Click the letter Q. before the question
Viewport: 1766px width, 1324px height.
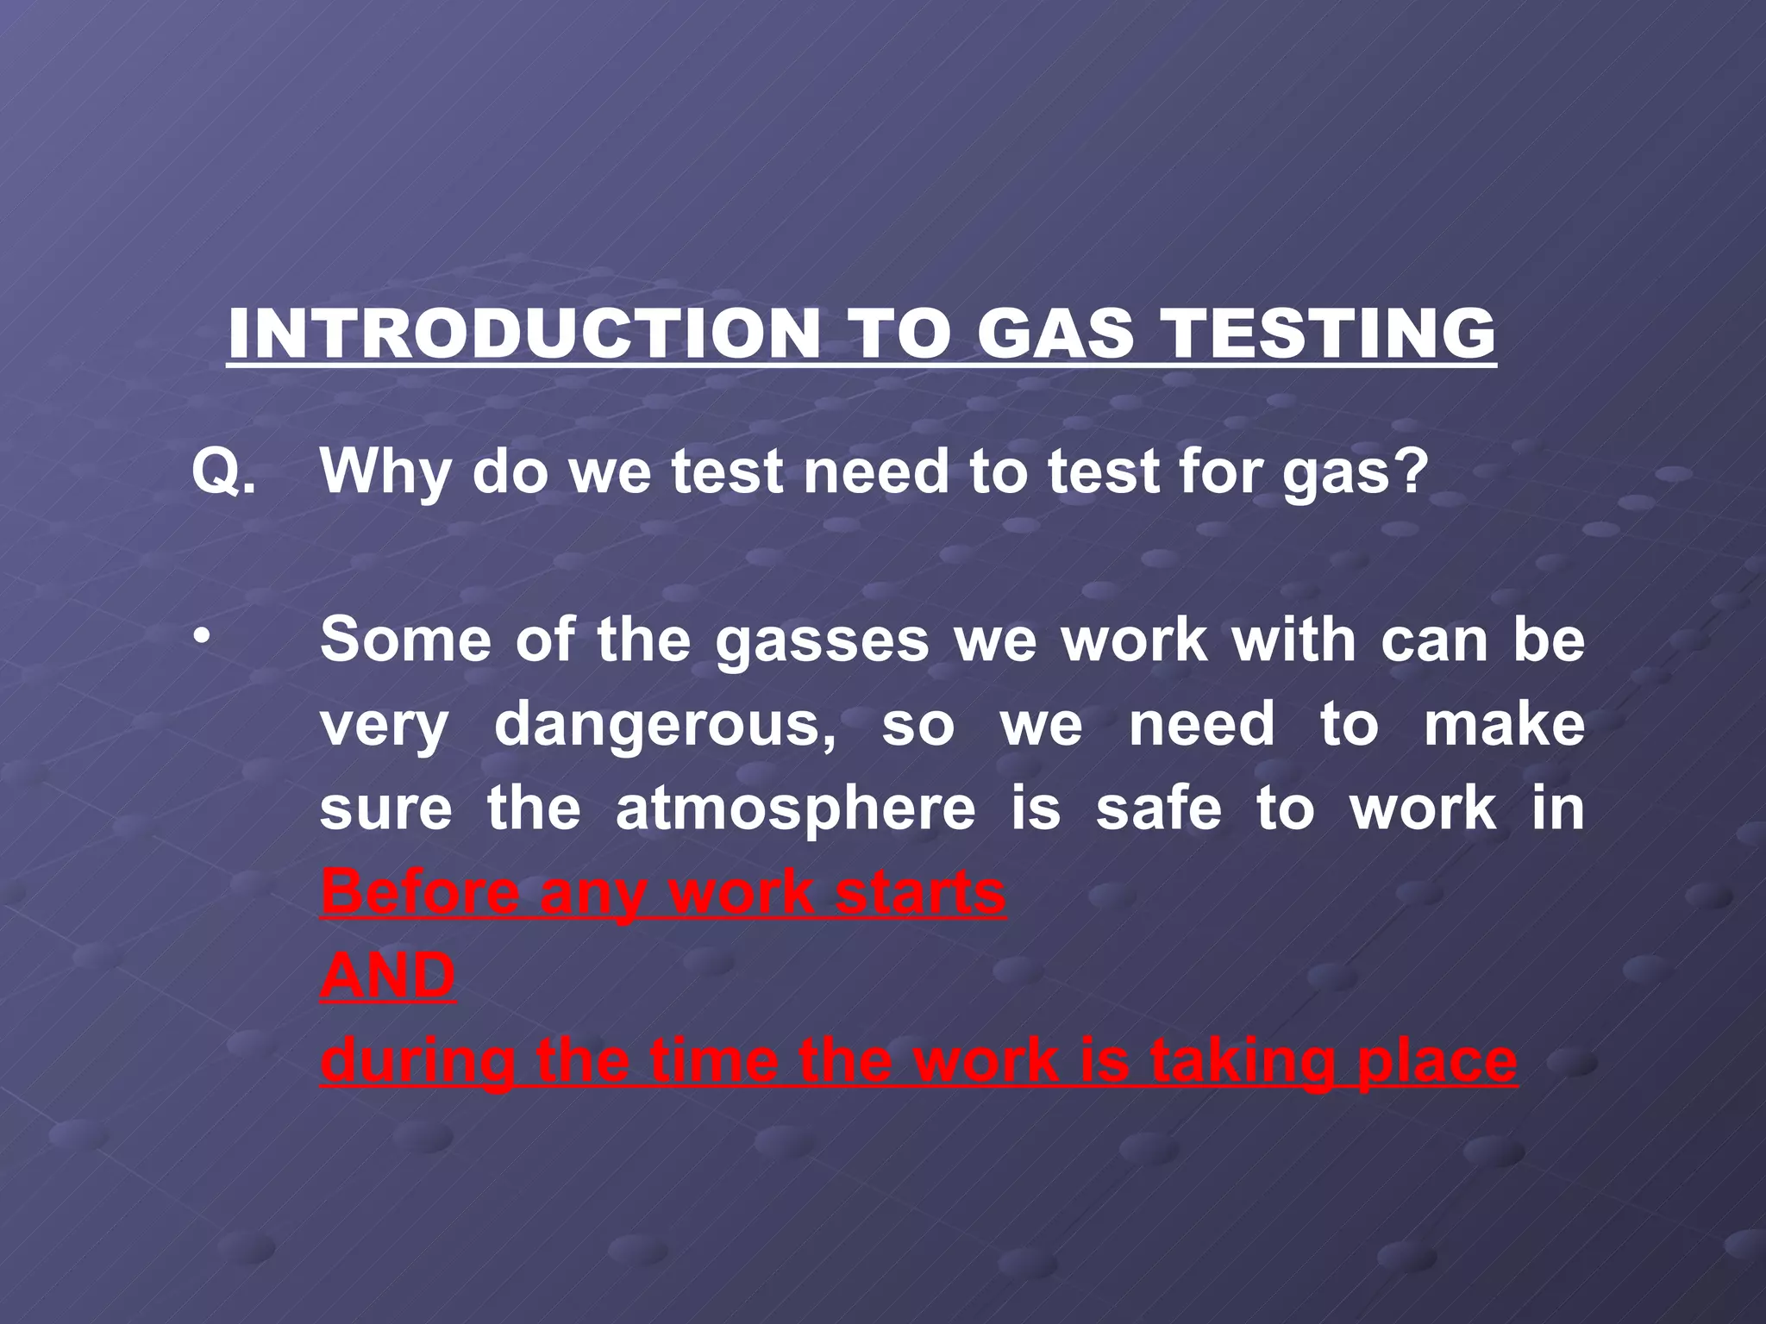(x=223, y=472)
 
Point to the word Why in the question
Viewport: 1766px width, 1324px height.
(x=385, y=472)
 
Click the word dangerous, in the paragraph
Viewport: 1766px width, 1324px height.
(x=665, y=724)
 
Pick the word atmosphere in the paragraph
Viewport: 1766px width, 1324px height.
(x=795, y=809)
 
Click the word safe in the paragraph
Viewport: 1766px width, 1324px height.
(x=1158, y=809)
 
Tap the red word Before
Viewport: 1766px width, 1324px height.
(x=421, y=892)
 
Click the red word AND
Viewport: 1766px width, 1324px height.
(x=387, y=976)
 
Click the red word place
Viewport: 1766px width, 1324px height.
(x=1437, y=1060)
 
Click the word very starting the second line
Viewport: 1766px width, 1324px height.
(x=384, y=724)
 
